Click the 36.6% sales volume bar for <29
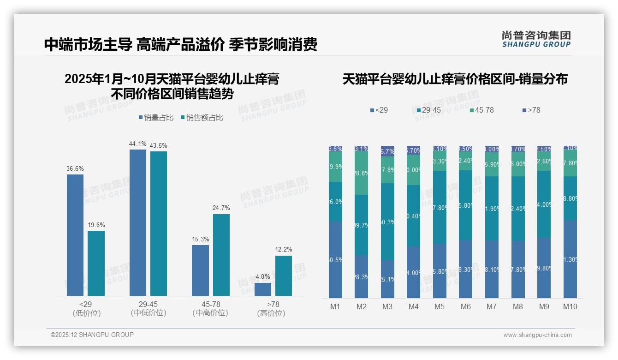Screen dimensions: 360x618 click(x=75, y=235)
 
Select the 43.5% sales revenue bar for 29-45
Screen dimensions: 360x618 click(x=159, y=223)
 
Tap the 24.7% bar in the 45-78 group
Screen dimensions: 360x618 click(x=221, y=255)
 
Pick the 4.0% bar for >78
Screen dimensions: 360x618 click(x=263, y=289)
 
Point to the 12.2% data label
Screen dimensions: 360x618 click(x=284, y=250)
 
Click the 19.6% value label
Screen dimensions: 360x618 click(x=96, y=225)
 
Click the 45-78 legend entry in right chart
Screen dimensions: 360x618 click(x=481, y=110)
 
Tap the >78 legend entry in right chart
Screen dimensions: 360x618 click(x=531, y=110)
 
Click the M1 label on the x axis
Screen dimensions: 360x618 click(x=335, y=306)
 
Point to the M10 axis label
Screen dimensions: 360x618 click(x=570, y=306)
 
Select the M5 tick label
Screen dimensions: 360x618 click(x=440, y=306)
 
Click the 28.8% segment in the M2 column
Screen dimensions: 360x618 click(x=362, y=173)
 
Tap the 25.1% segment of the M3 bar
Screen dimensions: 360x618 click(x=387, y=279)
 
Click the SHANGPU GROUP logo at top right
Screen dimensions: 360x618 click(x=536, y=39)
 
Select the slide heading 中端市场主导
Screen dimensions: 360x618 click(x=88, y=45)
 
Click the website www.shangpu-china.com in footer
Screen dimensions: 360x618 click(x=537, y=335)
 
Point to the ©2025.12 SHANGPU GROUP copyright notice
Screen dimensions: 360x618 click(x=92, y=335)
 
